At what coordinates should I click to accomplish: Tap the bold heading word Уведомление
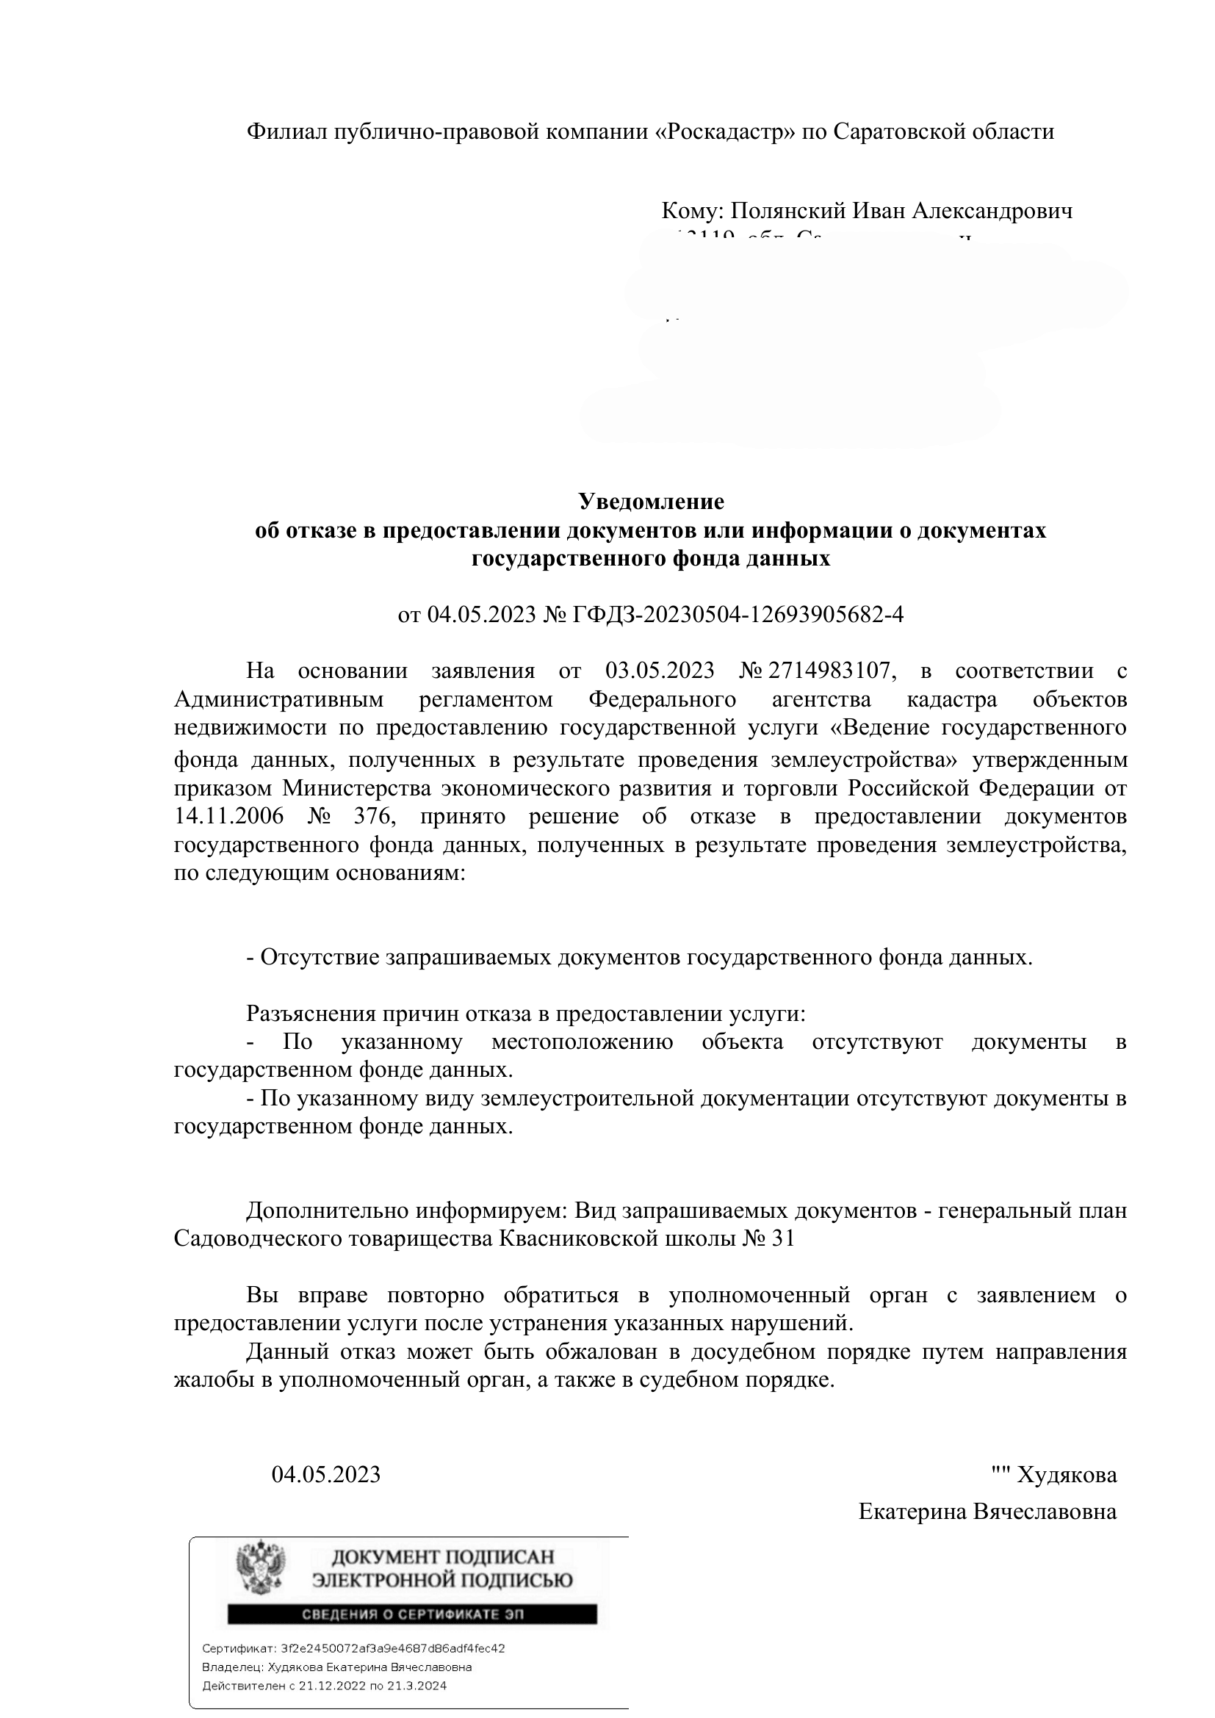pyautogui.click(x=651, y=501)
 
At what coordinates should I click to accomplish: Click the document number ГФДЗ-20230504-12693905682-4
pyautogui.click(x=738, y=614)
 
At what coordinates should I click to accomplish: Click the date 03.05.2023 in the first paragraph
pyautogui.click(x=660, y=671)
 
